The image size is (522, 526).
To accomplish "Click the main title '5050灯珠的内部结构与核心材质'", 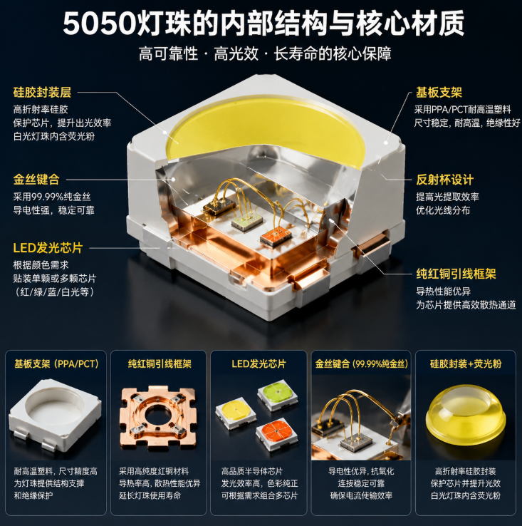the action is point(263,23).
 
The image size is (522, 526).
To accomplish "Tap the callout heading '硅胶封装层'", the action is point(42,92).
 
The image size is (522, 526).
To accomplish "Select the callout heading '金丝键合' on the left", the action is point(36,179).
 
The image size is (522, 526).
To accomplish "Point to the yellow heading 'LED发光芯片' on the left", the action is point(48,248).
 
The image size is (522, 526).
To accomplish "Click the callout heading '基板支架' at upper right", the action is point(439,92).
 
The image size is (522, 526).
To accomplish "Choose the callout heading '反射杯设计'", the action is point(445,180).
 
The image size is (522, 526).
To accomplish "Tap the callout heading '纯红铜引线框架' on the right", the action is point(456,274).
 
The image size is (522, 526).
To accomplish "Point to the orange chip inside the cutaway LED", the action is point(276,236).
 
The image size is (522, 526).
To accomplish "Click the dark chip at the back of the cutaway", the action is point(219,206).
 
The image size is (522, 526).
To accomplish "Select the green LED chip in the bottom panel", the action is point(278,395).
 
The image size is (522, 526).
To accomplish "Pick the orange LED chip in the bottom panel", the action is point(276,433).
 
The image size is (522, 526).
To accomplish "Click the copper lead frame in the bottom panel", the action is point(158,418).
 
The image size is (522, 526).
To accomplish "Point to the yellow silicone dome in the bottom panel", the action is point(466,416).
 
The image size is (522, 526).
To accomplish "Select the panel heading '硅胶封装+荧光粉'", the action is point(466,363).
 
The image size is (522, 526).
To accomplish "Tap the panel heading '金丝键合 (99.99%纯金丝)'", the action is point(361,363).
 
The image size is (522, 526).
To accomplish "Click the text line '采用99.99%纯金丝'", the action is point(52,197).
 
